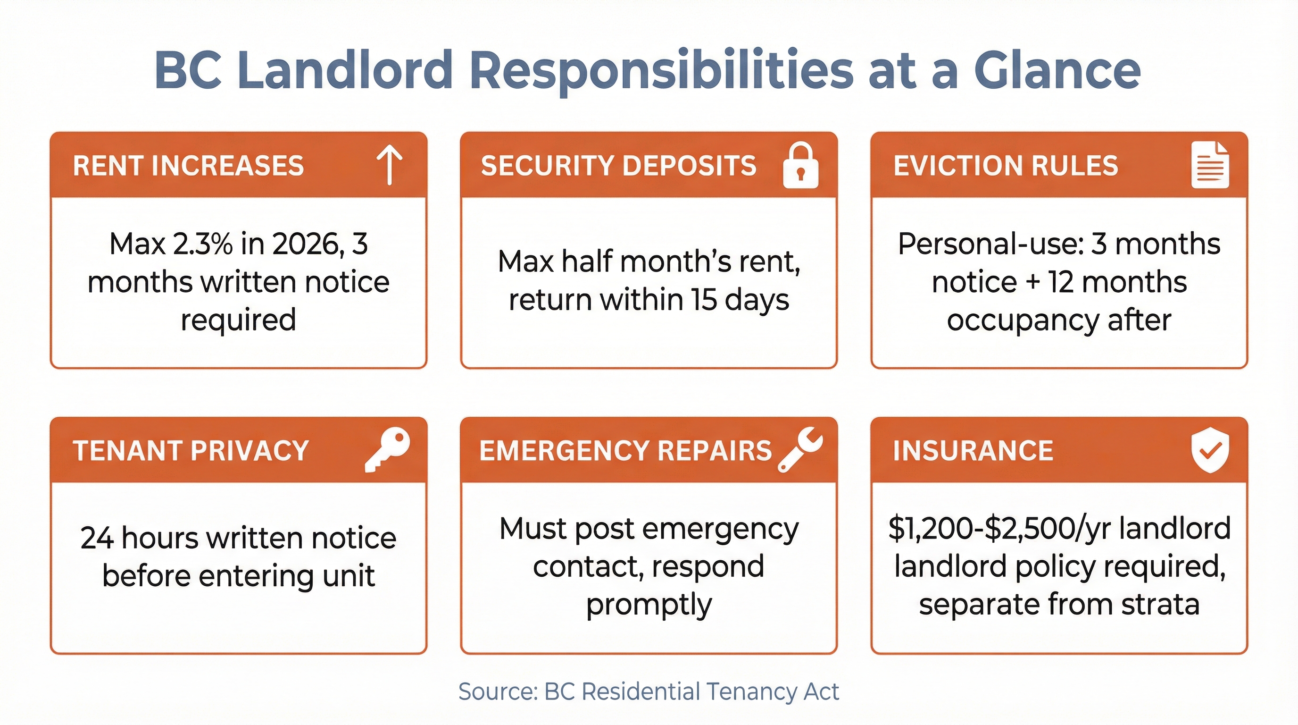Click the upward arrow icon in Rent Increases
coord(390,165)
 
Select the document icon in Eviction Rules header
coord(1210,165)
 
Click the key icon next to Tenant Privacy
coord(387,449)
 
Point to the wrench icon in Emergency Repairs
coord(800,449)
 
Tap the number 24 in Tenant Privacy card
coord(97,538)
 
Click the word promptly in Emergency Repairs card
coord(649,605)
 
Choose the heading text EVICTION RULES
coord(1006,166)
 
